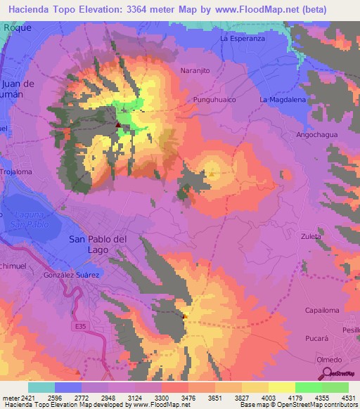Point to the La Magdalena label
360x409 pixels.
[x=283, y=100]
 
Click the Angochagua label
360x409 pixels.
[x=317, y=134]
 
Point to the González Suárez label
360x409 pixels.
[x=71, y=275]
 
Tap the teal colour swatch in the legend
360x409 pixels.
[x=41, y=387]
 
